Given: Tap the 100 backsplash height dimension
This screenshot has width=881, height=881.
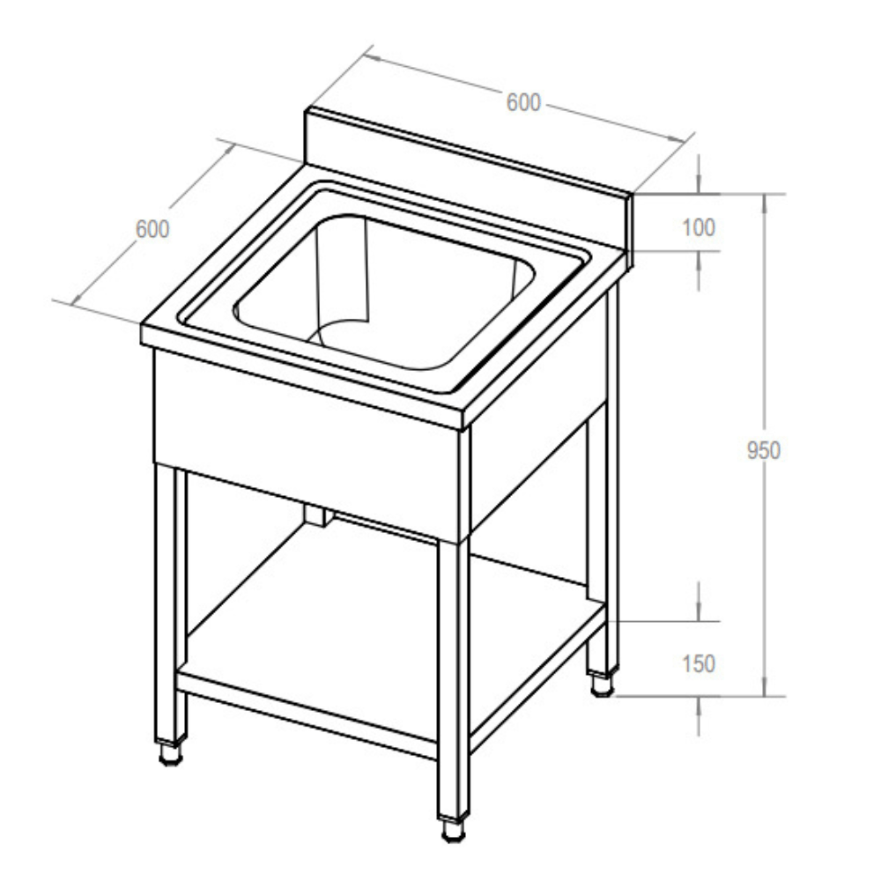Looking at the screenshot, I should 699,226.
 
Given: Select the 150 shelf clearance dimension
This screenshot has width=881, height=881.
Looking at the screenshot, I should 699,663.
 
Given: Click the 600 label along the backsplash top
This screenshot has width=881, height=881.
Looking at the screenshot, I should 522,102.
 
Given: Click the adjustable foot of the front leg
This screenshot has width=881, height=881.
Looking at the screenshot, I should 453,828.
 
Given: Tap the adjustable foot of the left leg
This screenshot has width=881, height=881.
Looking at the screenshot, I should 169,753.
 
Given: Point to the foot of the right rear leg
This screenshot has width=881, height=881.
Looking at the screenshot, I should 602,684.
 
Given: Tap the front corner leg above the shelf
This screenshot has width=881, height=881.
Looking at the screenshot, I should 453,617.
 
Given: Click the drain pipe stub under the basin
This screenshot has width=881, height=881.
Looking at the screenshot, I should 316,516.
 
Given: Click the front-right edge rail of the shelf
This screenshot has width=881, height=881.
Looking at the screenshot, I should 537,678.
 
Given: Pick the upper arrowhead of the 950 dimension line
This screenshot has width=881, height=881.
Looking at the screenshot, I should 763,201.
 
